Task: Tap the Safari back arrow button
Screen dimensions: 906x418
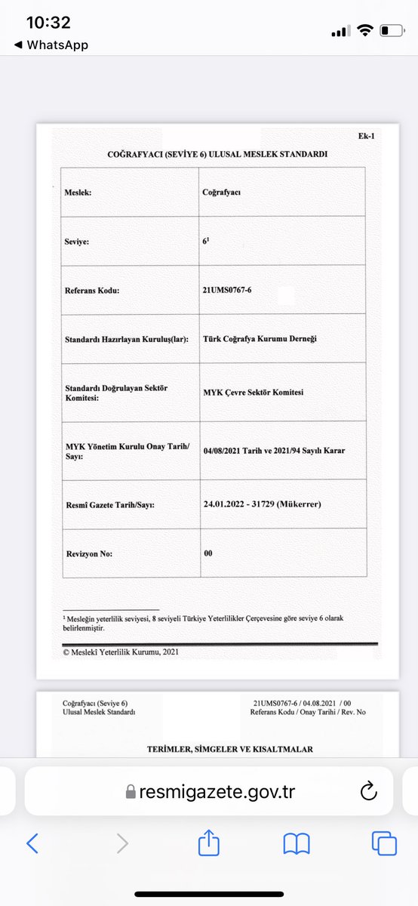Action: [x=32, y=843]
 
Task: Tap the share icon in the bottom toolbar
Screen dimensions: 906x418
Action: [x=208, y=843]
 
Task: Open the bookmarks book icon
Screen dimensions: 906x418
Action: [x=297, y=843]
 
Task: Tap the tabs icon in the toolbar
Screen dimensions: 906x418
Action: [x=384, y=843]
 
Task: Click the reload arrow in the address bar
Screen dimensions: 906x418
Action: [x=368, y=791]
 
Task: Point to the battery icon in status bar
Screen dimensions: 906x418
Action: [x=392, y=31]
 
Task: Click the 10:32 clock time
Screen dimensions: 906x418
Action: [x=48, y=23]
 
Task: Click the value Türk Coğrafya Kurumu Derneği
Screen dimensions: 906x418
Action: [x=260, y=338]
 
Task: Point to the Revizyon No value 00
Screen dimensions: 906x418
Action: [x=208, y=553]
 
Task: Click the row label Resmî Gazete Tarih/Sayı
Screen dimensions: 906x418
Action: [x=110, y=504]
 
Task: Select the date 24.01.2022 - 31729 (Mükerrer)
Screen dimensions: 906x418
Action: [x=262, y=504]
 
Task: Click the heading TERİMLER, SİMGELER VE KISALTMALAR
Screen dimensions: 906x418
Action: [x=218, y=749]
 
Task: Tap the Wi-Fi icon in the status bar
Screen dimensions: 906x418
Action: [x=366, y=31]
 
